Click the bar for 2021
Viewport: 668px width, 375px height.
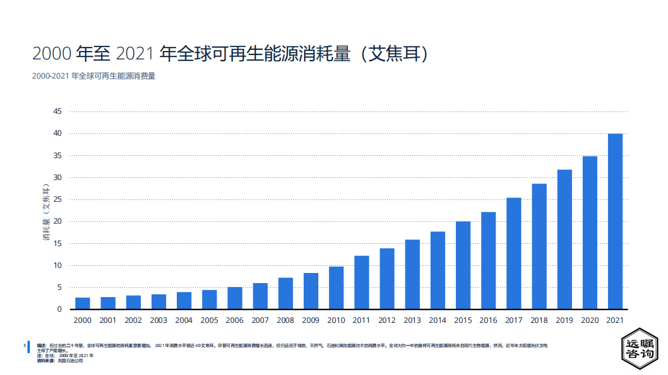click(x=615, y=221)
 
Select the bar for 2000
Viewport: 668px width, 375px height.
click(x=83, y=303)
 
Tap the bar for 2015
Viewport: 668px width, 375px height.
click(x=463, y=265)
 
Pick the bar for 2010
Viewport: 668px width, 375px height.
click(x=336, y=288)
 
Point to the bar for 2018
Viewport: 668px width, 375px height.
click(x=539, y=247)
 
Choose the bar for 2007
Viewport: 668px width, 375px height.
click(x=260, y=296)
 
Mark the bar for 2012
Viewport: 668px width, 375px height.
click(x=387, y=279)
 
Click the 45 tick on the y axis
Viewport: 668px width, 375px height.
click(x=57, y=112)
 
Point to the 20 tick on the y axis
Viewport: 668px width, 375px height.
click(x=57, y=221)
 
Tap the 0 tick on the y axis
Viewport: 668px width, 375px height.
click(x=60, y=309)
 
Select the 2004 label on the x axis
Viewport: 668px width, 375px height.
click(x=184, y=321)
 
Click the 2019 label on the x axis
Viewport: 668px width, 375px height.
click(x=564, y=321)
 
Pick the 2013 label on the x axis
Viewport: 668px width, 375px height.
click(x=412, y=321)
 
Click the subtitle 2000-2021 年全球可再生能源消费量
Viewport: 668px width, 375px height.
click(x=94, y=76)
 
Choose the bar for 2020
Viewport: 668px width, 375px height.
click(x=590, y=233)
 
